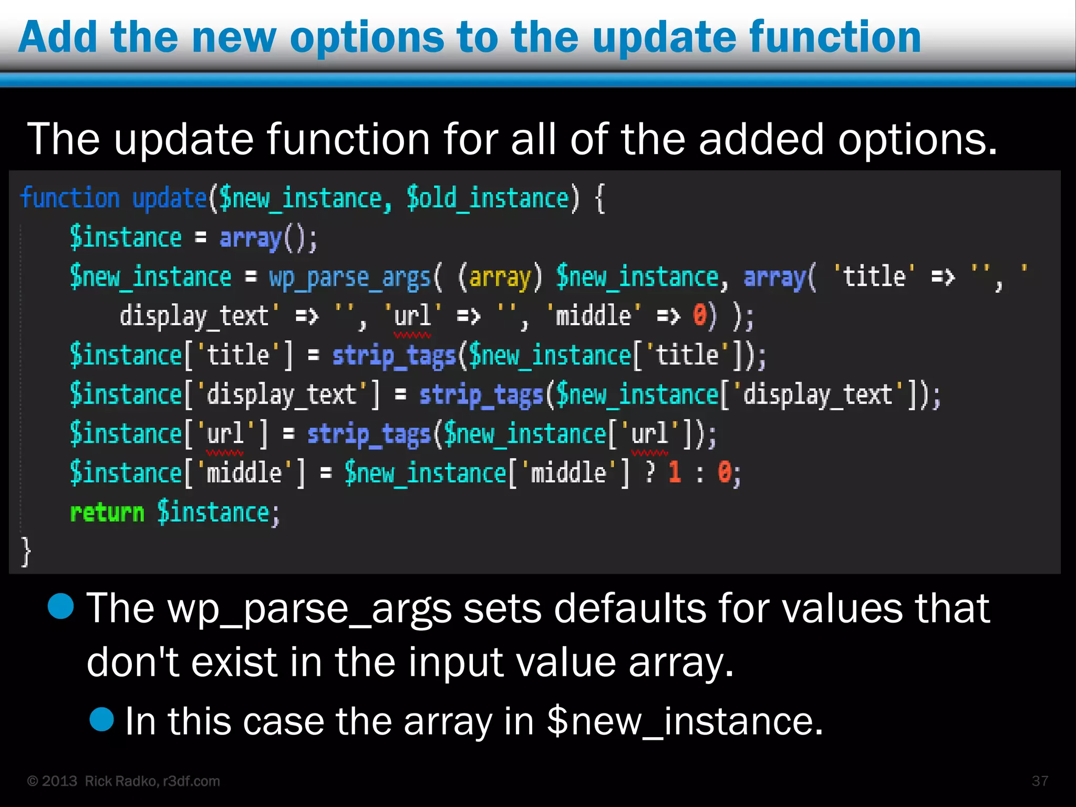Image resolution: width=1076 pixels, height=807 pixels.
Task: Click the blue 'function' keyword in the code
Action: [70, 199]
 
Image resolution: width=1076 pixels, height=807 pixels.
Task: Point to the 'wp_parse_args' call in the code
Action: [349, 277]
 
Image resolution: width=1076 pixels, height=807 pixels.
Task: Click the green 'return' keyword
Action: [107, 513]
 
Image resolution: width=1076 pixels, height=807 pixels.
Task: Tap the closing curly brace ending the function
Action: [26, 552]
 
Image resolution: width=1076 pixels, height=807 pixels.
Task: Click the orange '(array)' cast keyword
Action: [499, 277]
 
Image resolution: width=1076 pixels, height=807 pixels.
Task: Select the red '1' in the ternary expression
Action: [675, 473]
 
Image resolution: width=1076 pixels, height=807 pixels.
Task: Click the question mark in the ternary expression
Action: [650, 473]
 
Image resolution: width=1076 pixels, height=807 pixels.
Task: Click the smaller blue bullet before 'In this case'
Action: [102, 719]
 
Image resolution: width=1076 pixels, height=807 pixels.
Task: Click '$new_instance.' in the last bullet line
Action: [684, 721]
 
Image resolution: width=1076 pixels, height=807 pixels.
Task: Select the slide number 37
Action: [1040, 781]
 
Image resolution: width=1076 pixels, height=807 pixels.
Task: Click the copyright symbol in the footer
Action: [33, 781]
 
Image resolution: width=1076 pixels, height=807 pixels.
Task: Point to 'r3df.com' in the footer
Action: [191, 781]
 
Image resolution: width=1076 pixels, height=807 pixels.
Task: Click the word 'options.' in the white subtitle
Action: [917, 139]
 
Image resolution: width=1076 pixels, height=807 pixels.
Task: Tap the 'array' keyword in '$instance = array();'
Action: [251, 238]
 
